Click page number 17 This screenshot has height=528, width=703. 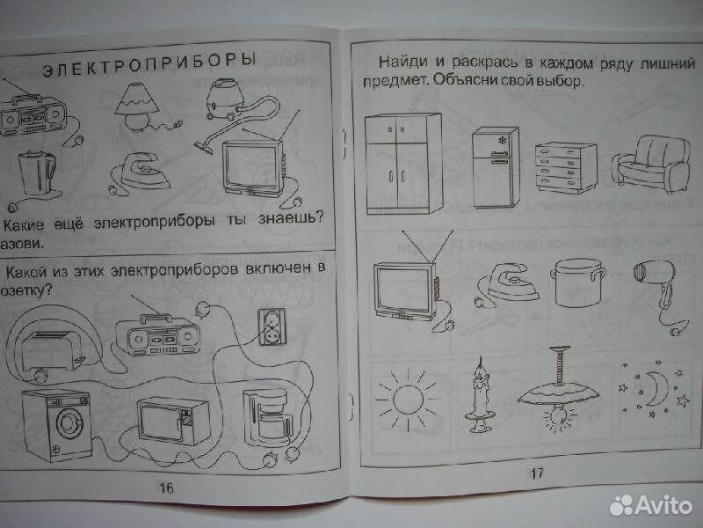(538, 473)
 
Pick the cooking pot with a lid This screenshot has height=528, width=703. (576, 281)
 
